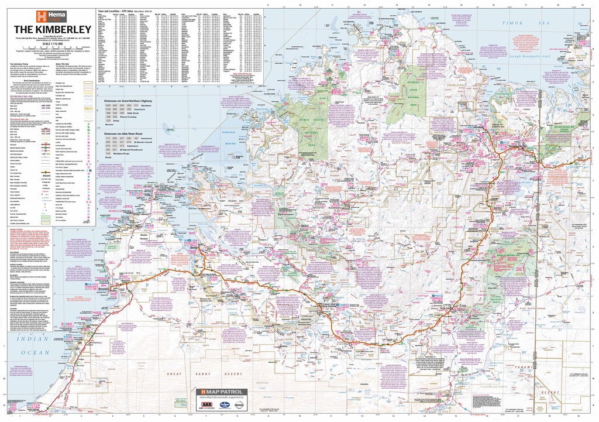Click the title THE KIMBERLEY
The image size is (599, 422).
(x=51, y=29)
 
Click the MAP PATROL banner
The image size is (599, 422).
(x=221, y=392)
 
